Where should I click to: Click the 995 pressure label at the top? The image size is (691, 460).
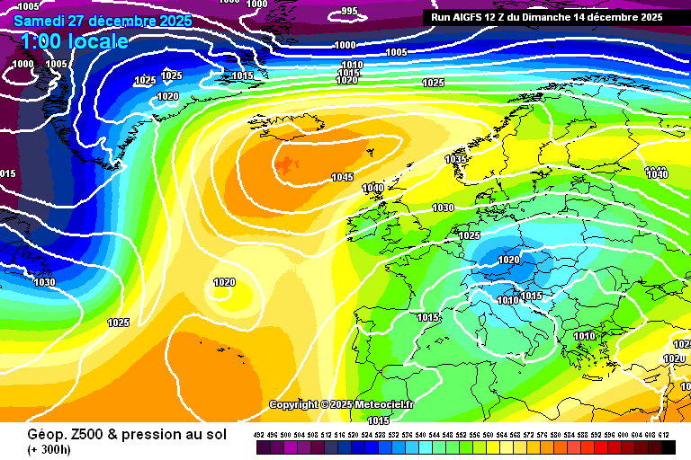(349, 11)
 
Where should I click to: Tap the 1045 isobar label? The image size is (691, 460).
(342, 177)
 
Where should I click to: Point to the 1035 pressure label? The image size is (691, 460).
(456, 159)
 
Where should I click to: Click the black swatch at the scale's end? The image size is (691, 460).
(667, 447)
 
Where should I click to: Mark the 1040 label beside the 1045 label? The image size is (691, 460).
(372, 188)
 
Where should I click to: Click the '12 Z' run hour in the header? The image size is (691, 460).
(504, 16)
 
